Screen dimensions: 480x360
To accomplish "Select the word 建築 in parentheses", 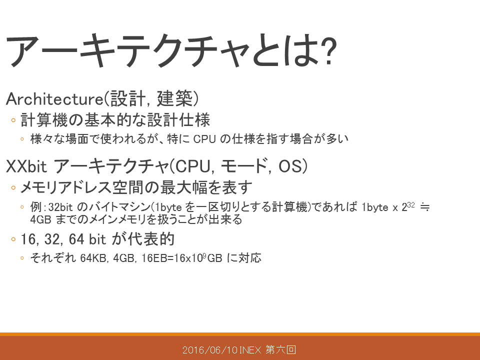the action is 174,98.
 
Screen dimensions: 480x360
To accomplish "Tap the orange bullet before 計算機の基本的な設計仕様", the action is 13,120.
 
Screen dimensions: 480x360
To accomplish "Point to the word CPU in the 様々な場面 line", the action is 204,139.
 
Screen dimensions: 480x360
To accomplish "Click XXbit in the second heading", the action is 26,166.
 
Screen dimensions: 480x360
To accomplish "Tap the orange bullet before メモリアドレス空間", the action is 13,187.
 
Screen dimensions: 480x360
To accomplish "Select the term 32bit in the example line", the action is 60,207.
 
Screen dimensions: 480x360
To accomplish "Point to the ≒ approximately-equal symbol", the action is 425,207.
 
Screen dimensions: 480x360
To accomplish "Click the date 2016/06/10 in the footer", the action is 210,349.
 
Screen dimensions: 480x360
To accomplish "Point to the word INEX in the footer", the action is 250,349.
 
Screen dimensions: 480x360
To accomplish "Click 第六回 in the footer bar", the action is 280,349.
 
